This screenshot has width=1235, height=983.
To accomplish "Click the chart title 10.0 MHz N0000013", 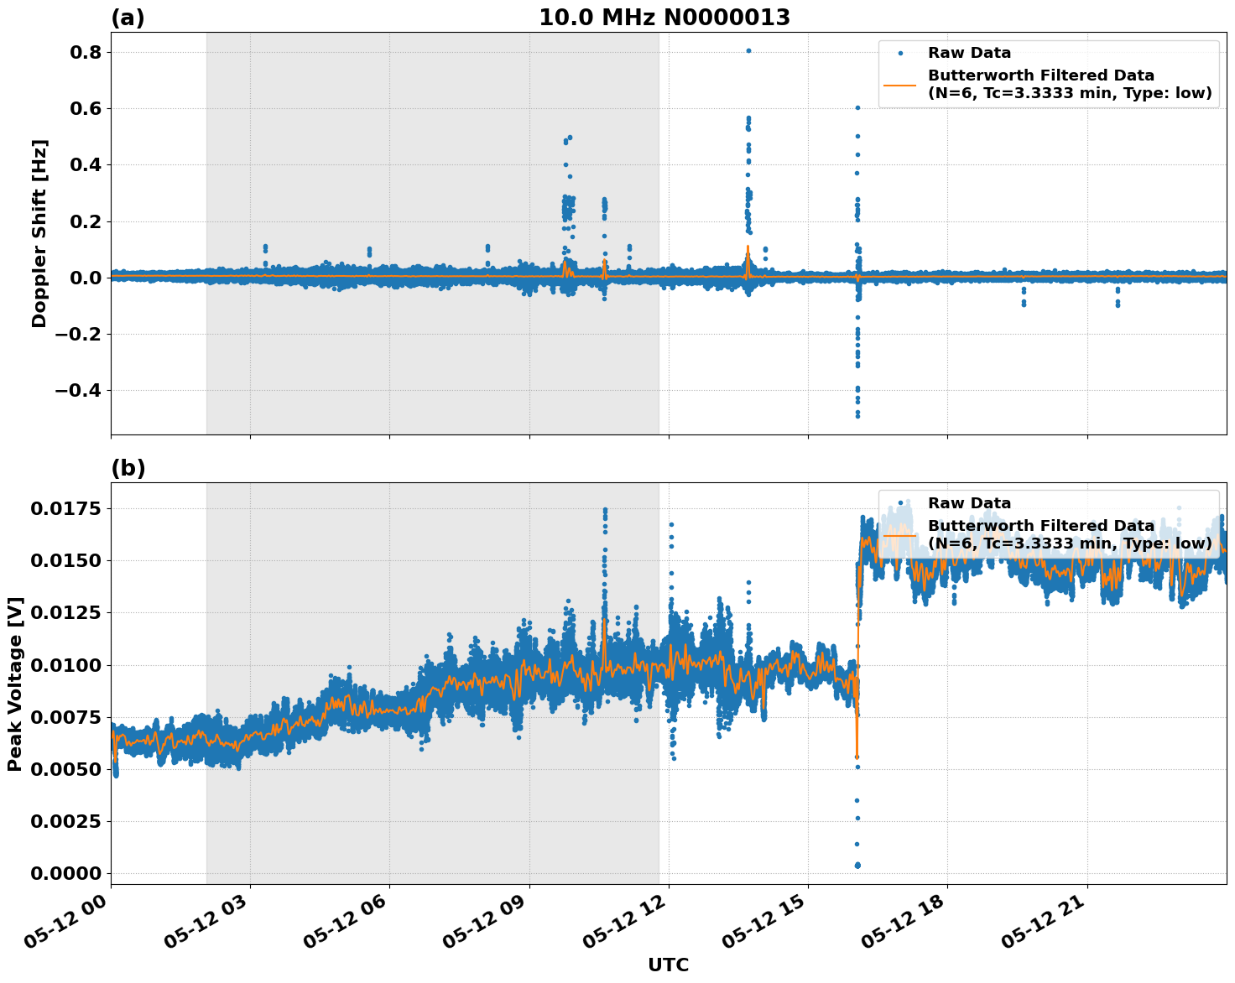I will pos(664,18).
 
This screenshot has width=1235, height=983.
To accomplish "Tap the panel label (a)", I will pos(128,18).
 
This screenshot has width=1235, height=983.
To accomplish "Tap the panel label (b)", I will pos(128,468).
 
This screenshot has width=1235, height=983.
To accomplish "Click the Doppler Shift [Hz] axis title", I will pos(39,233).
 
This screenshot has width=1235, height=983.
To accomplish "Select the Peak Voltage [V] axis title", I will pos(14,684).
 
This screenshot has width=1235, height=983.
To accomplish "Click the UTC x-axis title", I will pos(668,965).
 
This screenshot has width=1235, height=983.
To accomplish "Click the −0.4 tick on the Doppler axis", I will pos(78,391).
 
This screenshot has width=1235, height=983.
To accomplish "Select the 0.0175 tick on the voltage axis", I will pos(66,508).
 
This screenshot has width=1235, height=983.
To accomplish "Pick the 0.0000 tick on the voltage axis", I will pos(66,873).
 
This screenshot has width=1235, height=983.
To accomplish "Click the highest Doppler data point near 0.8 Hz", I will pos(748,50).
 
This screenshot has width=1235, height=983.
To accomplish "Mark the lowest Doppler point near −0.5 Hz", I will pos(857,415).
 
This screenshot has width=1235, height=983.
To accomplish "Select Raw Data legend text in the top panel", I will pos(969,53).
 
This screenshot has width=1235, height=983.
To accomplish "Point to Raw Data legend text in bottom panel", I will pos(969,503).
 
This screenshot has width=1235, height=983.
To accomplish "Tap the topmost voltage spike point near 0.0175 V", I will pos(605,510).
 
